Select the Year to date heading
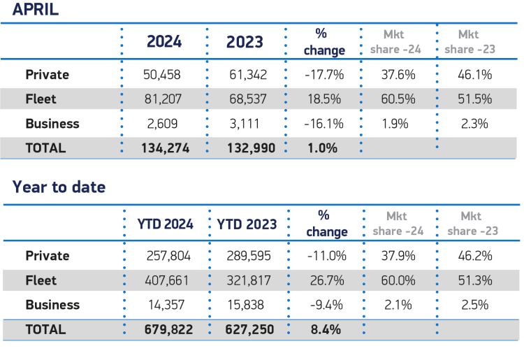59,187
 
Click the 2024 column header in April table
164,41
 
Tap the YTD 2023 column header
247,224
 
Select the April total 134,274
164,148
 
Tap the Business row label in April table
52,124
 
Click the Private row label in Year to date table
48,256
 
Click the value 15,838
248,305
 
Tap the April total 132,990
246,148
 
